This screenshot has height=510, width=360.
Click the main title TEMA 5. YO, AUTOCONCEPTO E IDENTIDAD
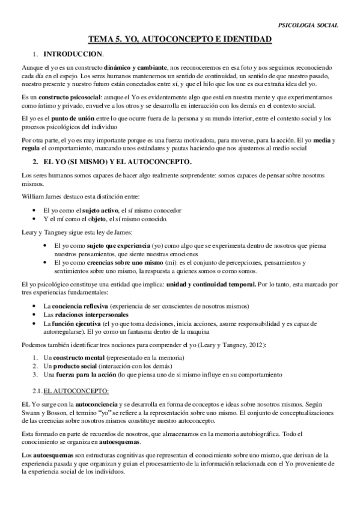pos(180,40)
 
